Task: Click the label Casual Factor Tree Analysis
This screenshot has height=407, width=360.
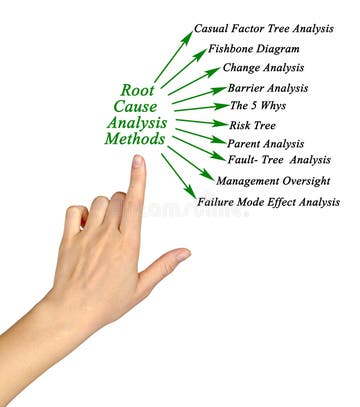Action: coord(263,30)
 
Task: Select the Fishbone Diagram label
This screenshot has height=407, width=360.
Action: coord(253,49)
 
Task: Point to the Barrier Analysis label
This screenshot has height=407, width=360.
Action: coord(267,87)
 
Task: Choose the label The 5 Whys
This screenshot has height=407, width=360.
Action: coord(258,105)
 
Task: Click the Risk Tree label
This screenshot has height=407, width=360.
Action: coord(252,125)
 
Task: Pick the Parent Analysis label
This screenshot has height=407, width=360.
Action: coord(265,143)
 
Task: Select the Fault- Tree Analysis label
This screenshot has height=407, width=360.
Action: coord(279,160)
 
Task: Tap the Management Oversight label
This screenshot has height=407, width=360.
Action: coord(272,181)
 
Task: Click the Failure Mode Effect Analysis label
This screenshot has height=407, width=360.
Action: coord(268,201)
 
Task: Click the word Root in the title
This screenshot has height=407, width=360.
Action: coord(137,89)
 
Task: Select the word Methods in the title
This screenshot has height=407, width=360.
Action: coord(134,139)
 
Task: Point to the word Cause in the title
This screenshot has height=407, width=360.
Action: coord(136,106)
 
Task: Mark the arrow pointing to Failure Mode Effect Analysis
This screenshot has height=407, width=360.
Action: coord(178,175)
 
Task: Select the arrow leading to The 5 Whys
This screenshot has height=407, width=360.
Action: coord(201,107)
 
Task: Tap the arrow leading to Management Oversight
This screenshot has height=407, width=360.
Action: coord(190,162)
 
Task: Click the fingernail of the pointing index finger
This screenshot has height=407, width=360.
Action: coord(138,163)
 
